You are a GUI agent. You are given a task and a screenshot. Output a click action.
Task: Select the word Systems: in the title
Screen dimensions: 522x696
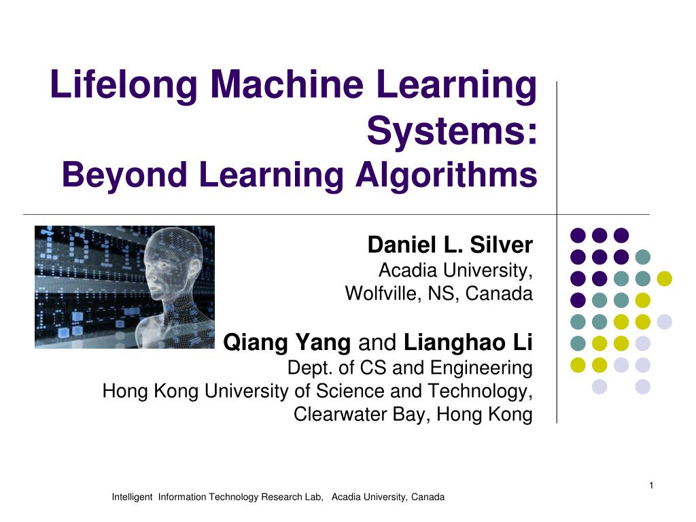(x=452, y=130)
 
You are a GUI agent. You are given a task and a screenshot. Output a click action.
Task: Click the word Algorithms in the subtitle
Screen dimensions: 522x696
(x=446, y=175)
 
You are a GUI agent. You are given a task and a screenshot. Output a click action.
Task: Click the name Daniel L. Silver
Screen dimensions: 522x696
(x=450, y=245)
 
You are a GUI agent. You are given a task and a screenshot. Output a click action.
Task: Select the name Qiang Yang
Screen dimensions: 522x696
(x=287, y=343)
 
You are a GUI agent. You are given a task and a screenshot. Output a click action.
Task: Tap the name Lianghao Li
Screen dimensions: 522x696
(x=468, y=343)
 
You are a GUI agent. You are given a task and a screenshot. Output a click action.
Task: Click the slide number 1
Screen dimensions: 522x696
(x=650, y=485)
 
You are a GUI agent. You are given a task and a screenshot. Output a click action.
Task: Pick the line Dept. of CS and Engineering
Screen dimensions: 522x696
(x=410, y=368)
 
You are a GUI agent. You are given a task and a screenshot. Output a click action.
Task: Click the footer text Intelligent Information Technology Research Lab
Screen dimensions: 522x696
(x=217, y=498)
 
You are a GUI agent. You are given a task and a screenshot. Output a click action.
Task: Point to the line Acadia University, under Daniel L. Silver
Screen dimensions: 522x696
(x=455, y=271)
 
